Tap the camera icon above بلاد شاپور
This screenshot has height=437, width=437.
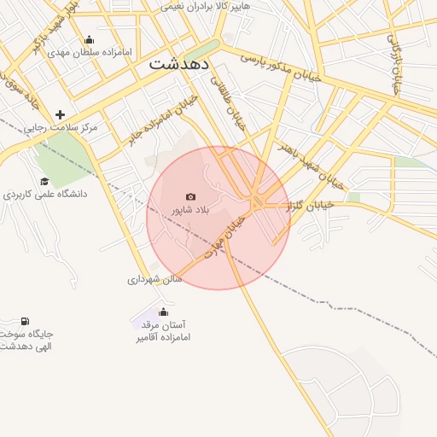(190, 197)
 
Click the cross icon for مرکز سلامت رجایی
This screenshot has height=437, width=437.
(60, 114)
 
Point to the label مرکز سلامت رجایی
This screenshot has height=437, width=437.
(61, 127)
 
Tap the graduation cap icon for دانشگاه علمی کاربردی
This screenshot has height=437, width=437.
(44, 181)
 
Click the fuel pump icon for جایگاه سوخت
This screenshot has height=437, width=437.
(25, 322)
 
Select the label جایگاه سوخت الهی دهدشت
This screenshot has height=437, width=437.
(26, 340)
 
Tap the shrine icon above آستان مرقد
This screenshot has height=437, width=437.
(163, 312)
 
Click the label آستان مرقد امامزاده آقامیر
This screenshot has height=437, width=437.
(163, 331)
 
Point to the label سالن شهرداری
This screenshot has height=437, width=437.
(155, 279)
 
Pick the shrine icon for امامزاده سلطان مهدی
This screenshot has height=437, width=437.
(90, 40)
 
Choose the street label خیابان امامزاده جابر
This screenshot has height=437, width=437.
(162, 121)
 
